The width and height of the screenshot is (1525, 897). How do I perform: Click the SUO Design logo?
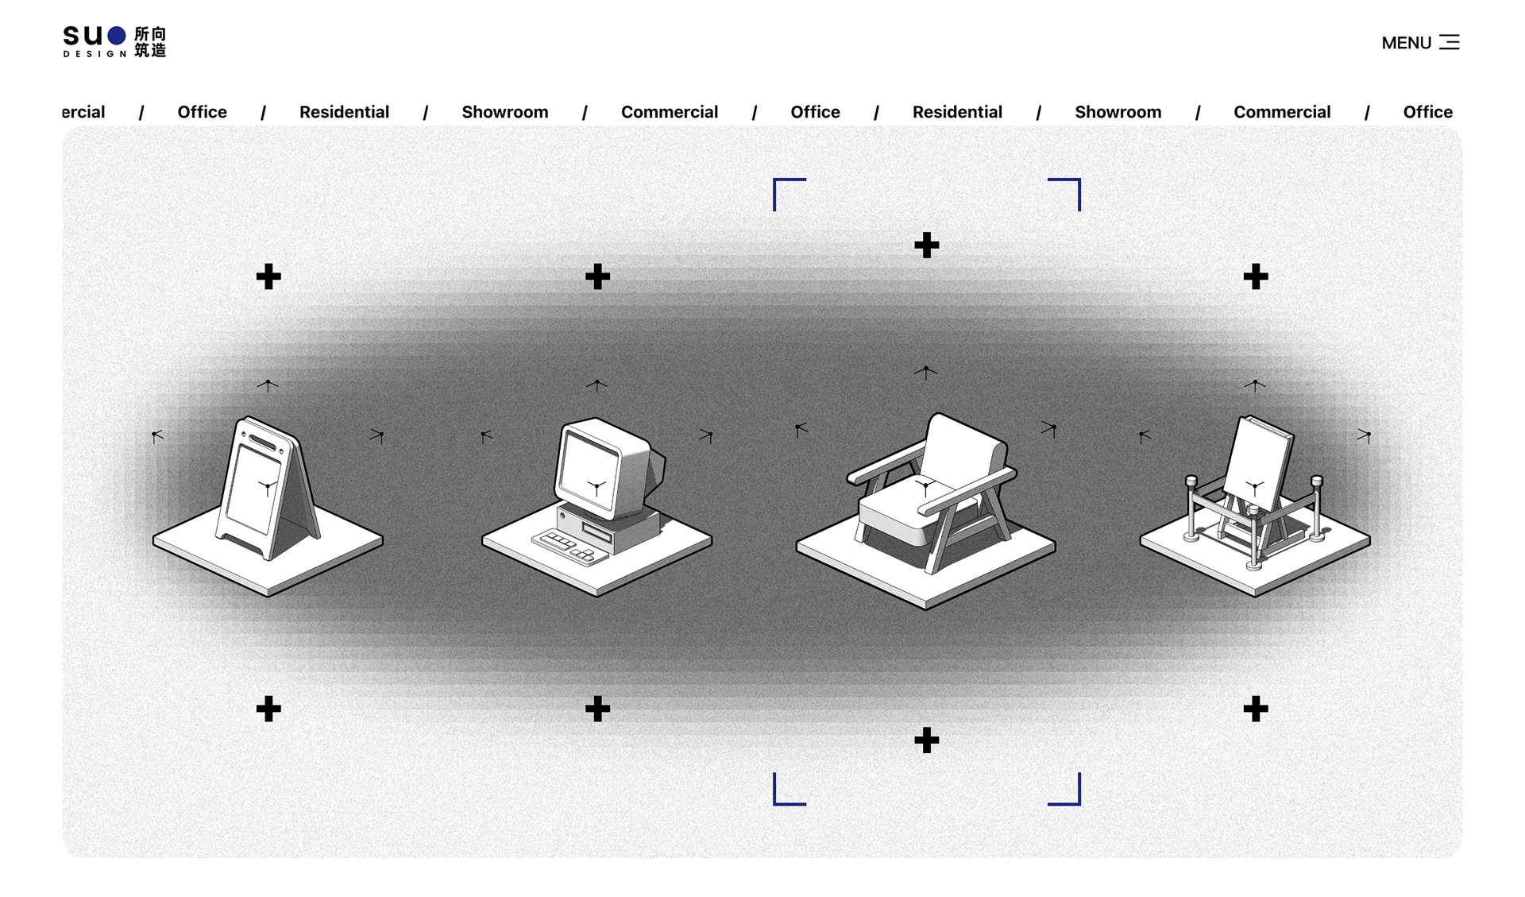[x=114, y=41]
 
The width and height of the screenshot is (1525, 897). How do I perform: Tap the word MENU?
[x=1406, y=43]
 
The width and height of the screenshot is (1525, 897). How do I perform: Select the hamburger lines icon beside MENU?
[x=1450, y=42]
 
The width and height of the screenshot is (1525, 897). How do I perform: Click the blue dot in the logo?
[x=117, y=35]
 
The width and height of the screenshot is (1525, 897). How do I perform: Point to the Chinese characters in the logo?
[x=150, y=41]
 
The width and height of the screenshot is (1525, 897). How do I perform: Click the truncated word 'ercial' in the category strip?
[x=83, y=112]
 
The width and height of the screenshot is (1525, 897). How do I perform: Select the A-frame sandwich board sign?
[x=268, y=488]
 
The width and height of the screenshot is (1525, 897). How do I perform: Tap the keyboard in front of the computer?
[x=569, y=547]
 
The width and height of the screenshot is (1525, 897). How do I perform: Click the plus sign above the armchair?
[x=926, y=245]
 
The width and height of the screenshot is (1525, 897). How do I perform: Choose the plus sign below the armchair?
[x=926, y=740]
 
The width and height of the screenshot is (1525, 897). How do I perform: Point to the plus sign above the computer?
[x=597, y=276]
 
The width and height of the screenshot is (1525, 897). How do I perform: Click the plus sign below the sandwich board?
[x=268, y=709]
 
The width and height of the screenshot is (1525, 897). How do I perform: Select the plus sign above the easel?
[x=1255, y=276]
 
